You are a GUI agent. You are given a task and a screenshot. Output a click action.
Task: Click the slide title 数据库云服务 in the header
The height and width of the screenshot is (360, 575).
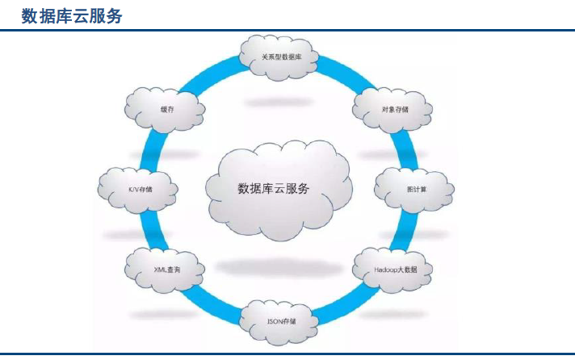[72, 15]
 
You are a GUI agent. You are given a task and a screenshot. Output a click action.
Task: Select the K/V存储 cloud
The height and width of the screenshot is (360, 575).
[138, 190]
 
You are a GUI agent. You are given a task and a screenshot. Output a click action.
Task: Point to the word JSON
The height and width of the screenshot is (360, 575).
[274, 320]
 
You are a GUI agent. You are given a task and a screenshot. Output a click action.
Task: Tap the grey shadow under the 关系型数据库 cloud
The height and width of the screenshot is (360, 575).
[279, 103]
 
